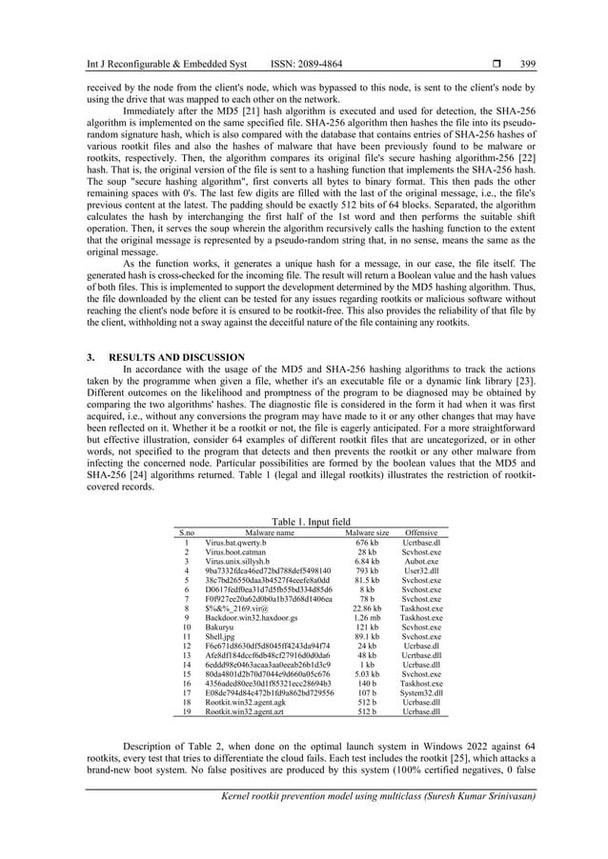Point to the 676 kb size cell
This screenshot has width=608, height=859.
tap(367, 543)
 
